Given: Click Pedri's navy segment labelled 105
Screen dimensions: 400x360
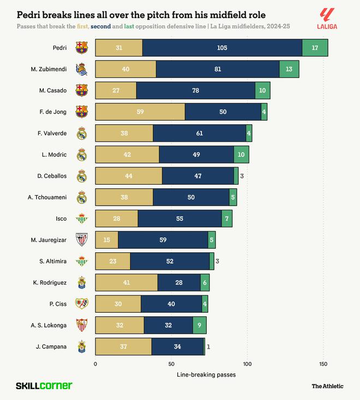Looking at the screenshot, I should [x=222, y=48].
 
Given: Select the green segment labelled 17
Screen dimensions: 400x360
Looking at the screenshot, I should [x=315, y=48].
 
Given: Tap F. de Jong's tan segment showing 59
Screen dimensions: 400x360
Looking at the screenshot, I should [x=140, y=112].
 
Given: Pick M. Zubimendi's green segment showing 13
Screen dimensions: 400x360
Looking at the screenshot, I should [x=289, y=69].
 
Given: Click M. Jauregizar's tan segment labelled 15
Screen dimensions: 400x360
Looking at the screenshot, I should [x=106, y=240].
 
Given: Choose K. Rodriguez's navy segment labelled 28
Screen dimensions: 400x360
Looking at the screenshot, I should [x=179, y=282].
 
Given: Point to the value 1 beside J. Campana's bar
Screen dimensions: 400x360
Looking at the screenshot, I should [x=208, y=347].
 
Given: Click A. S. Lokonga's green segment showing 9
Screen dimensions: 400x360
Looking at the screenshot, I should [x=200, y=325].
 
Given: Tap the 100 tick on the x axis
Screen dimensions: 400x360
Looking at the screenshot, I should [x=247, y=363].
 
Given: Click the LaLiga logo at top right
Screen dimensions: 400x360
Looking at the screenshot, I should [x=327, y=18].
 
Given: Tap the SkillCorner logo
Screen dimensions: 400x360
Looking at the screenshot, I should [x=44, y=386].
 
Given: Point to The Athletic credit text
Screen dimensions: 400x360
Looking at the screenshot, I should [x=327, y=386].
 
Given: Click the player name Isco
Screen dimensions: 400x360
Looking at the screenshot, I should [x=61, y=219].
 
